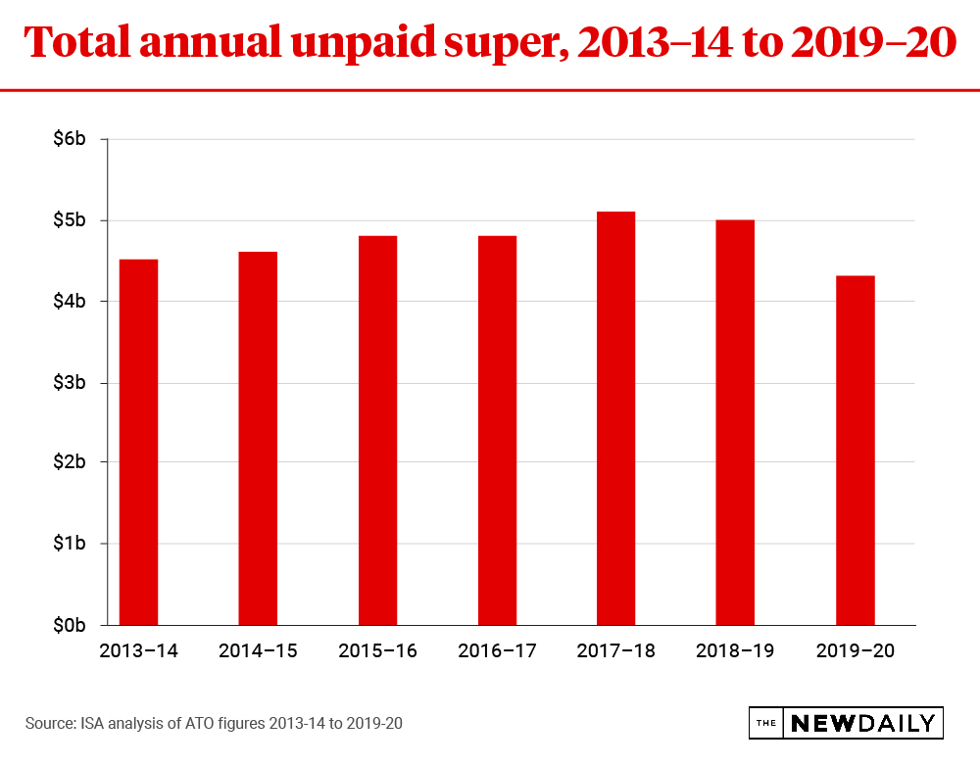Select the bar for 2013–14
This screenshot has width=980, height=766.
pyautogui.click(x=138, y=442)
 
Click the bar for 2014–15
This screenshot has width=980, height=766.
pyautogui.click(x=258, y=438)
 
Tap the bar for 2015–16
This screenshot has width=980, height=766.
pyautogui.click(x=377, y=430)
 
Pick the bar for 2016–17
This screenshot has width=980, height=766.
pyautogui.click(x=497, y=430)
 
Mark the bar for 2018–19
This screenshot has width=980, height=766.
pyautogui.click(x=735, y=422)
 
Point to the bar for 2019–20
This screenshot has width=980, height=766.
pyautogui.click(x=855, y=450)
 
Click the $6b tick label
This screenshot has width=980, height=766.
pyautogui.click(x=70, y=139)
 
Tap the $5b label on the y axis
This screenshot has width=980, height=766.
pyautogui.click(x=70, y=220)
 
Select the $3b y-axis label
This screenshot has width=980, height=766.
pyautogui.click(x=70, y=382)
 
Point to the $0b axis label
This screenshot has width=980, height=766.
pyautogui.click(x=70, y=624)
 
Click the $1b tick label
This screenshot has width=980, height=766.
pyautogui.click(x=70, y=544)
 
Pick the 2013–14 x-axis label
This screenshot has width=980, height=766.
pyautogui.click(x=138, y=650)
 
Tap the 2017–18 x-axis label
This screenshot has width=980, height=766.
pyautogui.click(x=615, y=650)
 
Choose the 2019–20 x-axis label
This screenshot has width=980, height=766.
pyautogui.click(x=855, y=650)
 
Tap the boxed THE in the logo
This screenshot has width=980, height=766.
pyautogui.click(x=766, y=724)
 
